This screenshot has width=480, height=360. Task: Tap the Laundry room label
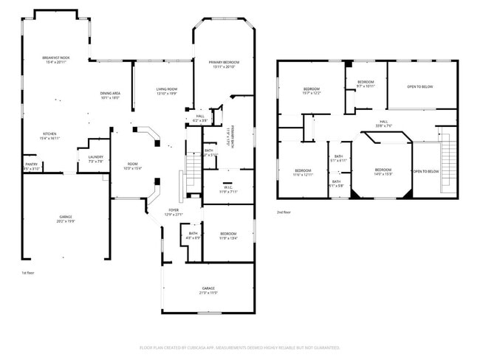pos(95,158)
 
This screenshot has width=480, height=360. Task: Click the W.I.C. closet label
pos(228,187)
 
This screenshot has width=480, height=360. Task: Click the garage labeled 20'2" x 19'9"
pos(66,219)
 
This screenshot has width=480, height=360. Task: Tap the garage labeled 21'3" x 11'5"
pos(208,290)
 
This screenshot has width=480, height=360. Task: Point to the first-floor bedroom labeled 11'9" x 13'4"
pos(228,236)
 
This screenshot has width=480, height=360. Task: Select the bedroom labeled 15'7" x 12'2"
pos(310,91)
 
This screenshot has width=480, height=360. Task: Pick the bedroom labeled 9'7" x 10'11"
pos(366,83)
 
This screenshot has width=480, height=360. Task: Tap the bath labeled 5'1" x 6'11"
pos(338,158)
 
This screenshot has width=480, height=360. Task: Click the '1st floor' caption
pos(27,273)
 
